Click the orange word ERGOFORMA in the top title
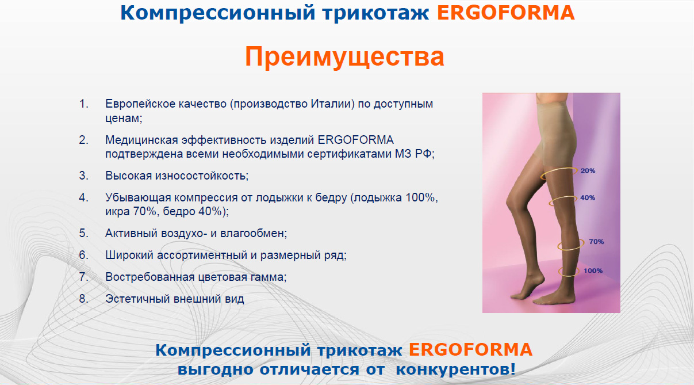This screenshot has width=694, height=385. pyautogui.click(x=505, y=13)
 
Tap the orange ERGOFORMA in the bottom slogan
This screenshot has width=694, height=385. pyautogui.click(x=470, y=350)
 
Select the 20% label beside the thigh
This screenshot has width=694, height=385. pyautogui.click(x=588, y=171)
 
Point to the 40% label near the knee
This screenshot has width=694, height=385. pyautogui.click(x=588, y=198)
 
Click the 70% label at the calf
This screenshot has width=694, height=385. pyautogui.click(x=596, y=242)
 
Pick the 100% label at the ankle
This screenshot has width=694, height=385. pyautogui.click(x=593, y=270)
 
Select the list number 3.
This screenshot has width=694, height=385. pyautogui.click(x=83, y=176)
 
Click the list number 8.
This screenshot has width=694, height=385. pyautogui.click(x=83, y=299)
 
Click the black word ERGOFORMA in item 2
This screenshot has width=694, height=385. pyautogui.click(x=356, y=140)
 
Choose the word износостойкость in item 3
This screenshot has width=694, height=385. pyautogui.click(x=202, y=176)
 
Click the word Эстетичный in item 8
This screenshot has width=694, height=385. pyautogui.click(x=137, y=299)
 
